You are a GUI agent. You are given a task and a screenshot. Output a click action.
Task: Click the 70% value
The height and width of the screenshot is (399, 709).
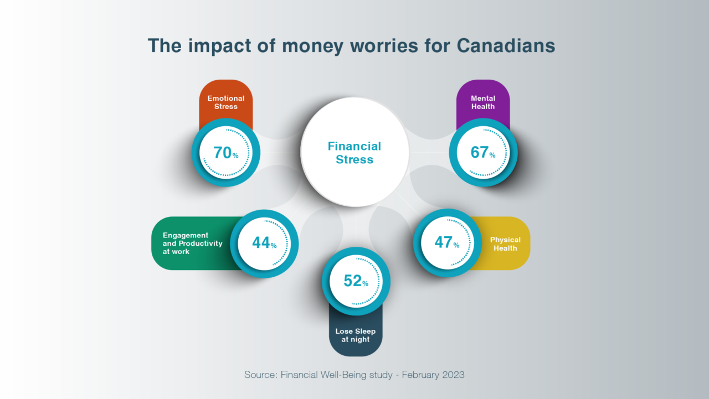point(225,152)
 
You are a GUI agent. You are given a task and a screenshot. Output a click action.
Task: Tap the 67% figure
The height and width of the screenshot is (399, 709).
point(482,152)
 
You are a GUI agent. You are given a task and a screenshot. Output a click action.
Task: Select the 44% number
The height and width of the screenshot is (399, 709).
point(264,242)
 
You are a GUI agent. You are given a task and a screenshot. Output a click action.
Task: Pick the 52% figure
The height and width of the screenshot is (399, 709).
point(356,281)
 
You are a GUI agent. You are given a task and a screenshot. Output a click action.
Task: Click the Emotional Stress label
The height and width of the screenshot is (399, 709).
point(226,102)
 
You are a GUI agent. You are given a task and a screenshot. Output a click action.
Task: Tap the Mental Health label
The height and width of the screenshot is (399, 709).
point(483,102)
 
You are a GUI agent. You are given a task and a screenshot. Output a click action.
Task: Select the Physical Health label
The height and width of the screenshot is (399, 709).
point(505,244)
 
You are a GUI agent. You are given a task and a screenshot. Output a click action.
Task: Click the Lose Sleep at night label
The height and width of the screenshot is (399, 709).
point(356,335)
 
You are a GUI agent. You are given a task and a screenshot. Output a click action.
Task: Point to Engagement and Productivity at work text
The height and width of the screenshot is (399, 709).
point(192,243)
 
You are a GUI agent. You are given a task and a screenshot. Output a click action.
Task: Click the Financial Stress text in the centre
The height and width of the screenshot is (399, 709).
point(354,153)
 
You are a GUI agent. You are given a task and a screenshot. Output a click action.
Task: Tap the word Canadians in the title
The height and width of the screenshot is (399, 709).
point(506,46)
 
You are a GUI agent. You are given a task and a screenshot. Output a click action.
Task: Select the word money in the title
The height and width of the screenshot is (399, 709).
point(305,46)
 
